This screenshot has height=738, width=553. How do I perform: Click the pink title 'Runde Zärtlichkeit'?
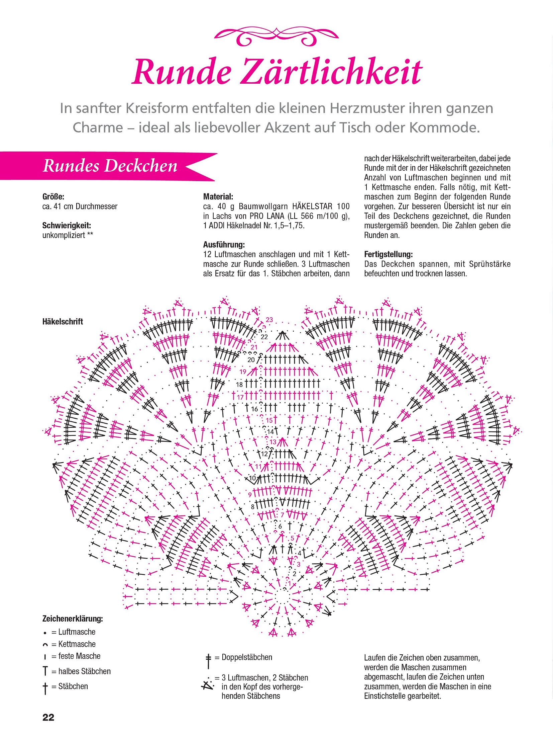tap(277, 72)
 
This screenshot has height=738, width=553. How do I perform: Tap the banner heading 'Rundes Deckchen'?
tap(110, 166)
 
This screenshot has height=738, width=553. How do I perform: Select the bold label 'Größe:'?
tap(53, 196)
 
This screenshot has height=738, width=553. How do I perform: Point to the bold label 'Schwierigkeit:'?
tap(67, 225)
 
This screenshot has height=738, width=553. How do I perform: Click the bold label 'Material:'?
tap(218, 196)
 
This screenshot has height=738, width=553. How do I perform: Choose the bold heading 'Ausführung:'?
tap(224, 244)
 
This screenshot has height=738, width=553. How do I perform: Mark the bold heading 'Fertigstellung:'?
tap(388, 254)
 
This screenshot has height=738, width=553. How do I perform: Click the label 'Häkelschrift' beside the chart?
tap(63, 322)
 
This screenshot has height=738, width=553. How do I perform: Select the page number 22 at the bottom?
tap(48, 717)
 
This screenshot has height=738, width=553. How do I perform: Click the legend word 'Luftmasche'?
tap(77, 632)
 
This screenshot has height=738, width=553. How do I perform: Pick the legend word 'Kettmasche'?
tap(77, 644)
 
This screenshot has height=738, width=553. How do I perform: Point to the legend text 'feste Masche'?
tap(79, 656)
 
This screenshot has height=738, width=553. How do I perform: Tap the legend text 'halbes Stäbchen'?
tap(84, 671)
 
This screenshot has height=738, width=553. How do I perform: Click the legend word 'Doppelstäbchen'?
tap(247, 657)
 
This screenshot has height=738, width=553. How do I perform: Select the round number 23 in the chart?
tap(269, 320)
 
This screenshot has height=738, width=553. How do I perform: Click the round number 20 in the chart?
tap(251, 360)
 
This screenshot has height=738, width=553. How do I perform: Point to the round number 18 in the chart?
tap(239, 385)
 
